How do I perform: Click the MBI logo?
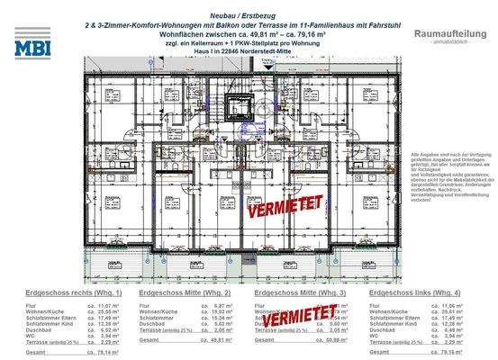pos(33,43)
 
